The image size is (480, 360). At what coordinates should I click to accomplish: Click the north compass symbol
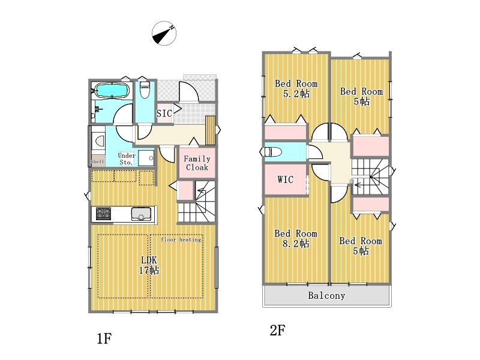pos(164,34)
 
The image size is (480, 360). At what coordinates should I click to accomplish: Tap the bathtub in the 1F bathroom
pos(112,91)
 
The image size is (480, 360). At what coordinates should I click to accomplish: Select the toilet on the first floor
pos(145,89)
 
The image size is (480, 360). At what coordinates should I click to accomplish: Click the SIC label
pos(164,113)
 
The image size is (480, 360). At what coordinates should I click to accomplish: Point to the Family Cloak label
pos(197,163)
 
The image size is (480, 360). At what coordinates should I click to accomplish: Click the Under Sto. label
pos(127,159)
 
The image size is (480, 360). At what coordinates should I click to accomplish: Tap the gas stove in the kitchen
pos(103,214)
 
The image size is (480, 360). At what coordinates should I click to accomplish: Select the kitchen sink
pos(141,214)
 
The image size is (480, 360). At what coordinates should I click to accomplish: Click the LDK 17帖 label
pos(149,265)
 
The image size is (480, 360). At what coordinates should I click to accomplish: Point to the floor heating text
pos(181,239)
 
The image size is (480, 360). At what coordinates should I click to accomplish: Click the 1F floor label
pos(104,338)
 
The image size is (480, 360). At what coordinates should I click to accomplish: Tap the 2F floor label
pos(278,331)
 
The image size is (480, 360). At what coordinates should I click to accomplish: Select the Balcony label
pos(326,295)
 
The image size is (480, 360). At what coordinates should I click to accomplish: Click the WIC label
pos(286,179)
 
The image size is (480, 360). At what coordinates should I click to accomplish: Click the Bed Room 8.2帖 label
pos(296,238)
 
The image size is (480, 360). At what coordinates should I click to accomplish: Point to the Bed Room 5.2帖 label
pos(296,88)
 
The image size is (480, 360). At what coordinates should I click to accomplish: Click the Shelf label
pos(97,161)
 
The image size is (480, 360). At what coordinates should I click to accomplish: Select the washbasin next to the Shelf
pos(100,141)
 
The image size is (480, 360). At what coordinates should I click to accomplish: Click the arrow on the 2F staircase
pos(358,185)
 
